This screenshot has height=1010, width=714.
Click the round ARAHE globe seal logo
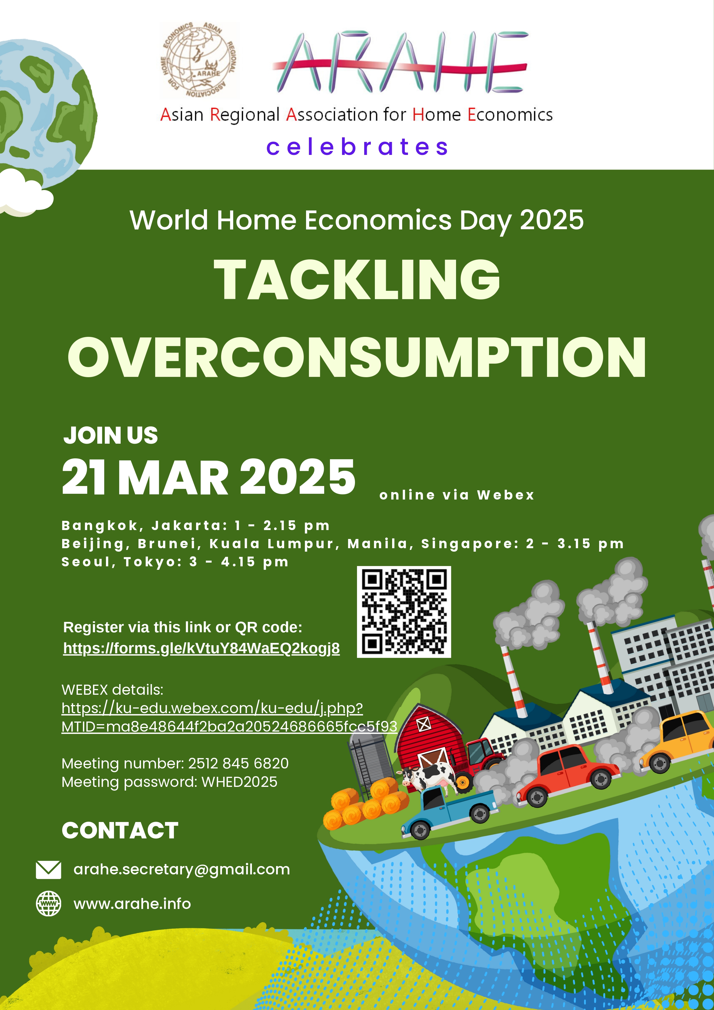tap(199, 60)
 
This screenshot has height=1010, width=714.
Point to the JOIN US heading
tap(111, 436)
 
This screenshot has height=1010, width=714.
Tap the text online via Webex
tap(457, 495)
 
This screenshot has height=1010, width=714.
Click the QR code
tap(404, 612)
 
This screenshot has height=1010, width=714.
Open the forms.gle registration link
tap(202, 648)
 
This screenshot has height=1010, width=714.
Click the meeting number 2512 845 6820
tap(238, 763)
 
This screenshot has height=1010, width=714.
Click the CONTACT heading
tap(120, 831)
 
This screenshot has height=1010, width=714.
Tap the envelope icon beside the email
tap(48, 870)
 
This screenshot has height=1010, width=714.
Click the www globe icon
tap(48, 903)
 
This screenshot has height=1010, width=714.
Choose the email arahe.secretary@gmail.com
tap(182, 870)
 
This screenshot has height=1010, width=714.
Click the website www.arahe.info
tap(132, 903)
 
